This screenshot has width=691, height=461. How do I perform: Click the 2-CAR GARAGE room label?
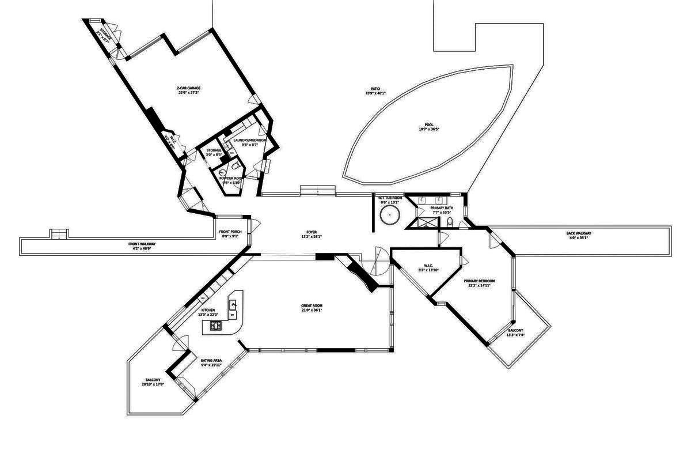188,88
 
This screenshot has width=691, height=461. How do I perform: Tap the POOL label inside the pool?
429,124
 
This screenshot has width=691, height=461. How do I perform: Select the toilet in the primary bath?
450,222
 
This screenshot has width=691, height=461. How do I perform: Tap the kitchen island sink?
233,304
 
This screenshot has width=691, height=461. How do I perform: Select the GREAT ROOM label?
312,305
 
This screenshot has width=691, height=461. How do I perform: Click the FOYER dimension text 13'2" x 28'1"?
312,237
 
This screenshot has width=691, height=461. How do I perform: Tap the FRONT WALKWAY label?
142,244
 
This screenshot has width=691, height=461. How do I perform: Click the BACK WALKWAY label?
579,233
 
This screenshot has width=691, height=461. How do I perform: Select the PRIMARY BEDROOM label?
479,281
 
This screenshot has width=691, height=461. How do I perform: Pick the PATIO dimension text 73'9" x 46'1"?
375,93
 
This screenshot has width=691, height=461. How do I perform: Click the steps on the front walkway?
60,233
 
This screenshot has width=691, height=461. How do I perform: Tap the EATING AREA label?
211,360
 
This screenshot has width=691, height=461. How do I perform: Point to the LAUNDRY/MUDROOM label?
249,140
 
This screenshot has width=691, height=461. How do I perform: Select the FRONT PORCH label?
230,232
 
